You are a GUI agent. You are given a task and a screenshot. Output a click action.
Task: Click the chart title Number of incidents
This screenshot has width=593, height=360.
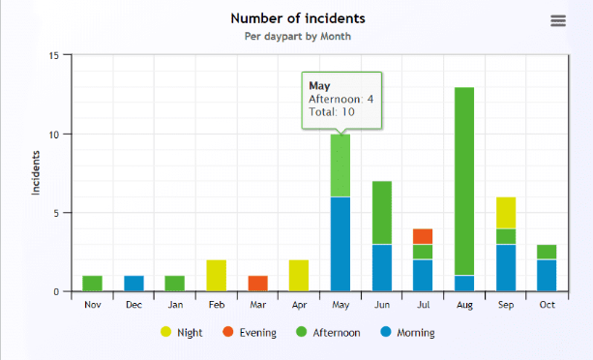(x=298, y=18)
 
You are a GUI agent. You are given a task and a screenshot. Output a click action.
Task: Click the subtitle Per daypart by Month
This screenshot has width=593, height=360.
(x=298, y=37)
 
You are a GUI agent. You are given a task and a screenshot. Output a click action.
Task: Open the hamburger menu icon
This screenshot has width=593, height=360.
(x=557, y=21)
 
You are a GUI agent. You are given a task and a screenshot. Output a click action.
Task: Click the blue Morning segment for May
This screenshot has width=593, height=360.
(x=341, y=244)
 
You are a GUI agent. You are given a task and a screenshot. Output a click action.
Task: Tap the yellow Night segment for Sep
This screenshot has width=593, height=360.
(x=506, y=213)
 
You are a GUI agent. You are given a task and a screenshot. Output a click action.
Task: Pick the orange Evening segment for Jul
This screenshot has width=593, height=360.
(x=423, y=236)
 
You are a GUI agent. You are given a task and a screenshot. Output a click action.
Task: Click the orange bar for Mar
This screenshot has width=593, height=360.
(x=257, y=284)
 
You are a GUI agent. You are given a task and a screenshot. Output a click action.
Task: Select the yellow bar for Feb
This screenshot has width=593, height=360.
(x=216, y=276)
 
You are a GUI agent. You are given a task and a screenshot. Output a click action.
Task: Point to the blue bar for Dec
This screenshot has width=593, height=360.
(x=133, y=284)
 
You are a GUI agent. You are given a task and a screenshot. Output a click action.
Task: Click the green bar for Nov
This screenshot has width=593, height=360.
(x=92, y=284)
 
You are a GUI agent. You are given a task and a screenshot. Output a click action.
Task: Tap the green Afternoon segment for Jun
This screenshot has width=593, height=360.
(x=381, y=213)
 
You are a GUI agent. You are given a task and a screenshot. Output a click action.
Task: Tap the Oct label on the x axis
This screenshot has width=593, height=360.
(x=548, y=304)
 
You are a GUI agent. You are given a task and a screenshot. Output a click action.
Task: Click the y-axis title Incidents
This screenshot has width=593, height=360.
(x=36, y=173)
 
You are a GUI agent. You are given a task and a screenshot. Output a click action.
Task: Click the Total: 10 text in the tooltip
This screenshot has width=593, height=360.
(x=332, y=112)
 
